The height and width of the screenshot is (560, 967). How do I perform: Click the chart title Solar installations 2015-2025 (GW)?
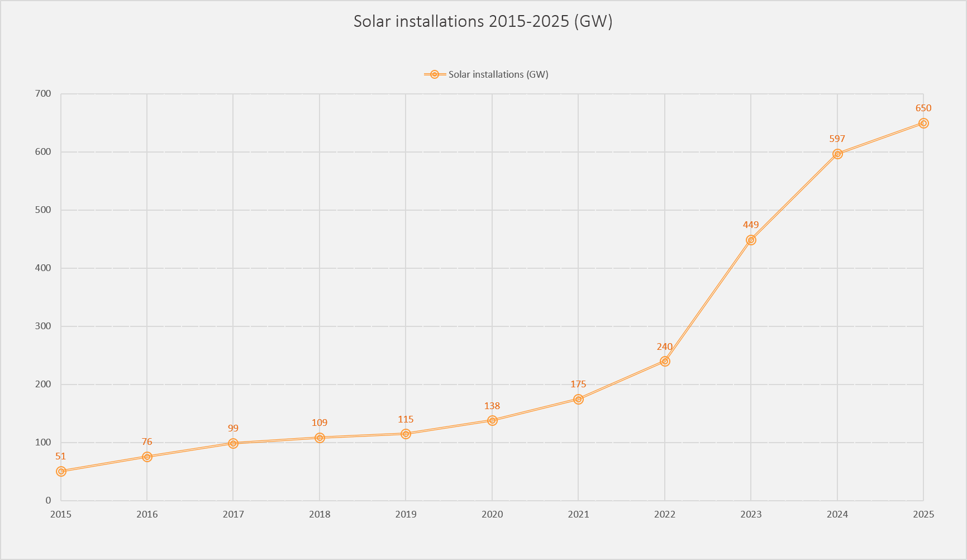coord(483,21)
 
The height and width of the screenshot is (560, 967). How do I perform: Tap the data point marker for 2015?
coord(61,471)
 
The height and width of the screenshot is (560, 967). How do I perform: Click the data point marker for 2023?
coord(751,240)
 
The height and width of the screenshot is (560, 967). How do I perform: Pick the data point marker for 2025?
coord(923,123)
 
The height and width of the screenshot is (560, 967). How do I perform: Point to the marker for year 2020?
coord(492,420)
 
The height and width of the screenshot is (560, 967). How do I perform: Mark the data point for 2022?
coord(665,361)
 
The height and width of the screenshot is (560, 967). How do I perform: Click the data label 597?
coord(837,139)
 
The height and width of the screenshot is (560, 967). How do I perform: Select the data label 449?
coord(751,225)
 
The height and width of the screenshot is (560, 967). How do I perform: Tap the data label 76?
coord(147,442)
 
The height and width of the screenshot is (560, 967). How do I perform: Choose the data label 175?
coord(578,384)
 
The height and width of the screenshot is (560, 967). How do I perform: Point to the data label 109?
coord(320,423)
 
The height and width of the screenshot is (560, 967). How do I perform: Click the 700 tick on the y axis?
coord(43,94)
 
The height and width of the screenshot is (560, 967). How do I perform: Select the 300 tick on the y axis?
coord(43,326)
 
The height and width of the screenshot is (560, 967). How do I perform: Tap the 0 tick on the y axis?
coord(48,501)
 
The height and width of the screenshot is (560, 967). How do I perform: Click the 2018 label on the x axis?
coord(320,514)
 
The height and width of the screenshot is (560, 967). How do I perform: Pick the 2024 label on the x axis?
coord(837,514)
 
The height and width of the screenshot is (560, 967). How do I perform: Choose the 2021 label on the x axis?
coord(578,514)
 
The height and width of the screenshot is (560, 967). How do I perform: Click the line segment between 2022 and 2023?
coord(708,301)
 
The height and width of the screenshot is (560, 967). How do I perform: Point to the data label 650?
coord(923,108)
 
